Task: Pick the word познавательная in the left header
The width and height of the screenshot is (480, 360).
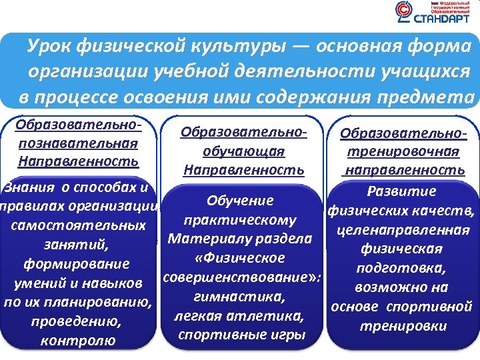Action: (x=79, y=143)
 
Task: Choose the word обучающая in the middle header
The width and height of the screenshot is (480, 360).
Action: (x=243, y=152)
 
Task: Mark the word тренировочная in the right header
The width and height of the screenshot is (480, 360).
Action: (x=405, y=151)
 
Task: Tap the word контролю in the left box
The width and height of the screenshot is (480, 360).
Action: (x=78, y=341)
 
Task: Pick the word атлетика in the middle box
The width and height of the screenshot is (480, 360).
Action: (x=265, y=315)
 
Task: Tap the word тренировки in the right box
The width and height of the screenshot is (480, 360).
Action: (x=403, y=327)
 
